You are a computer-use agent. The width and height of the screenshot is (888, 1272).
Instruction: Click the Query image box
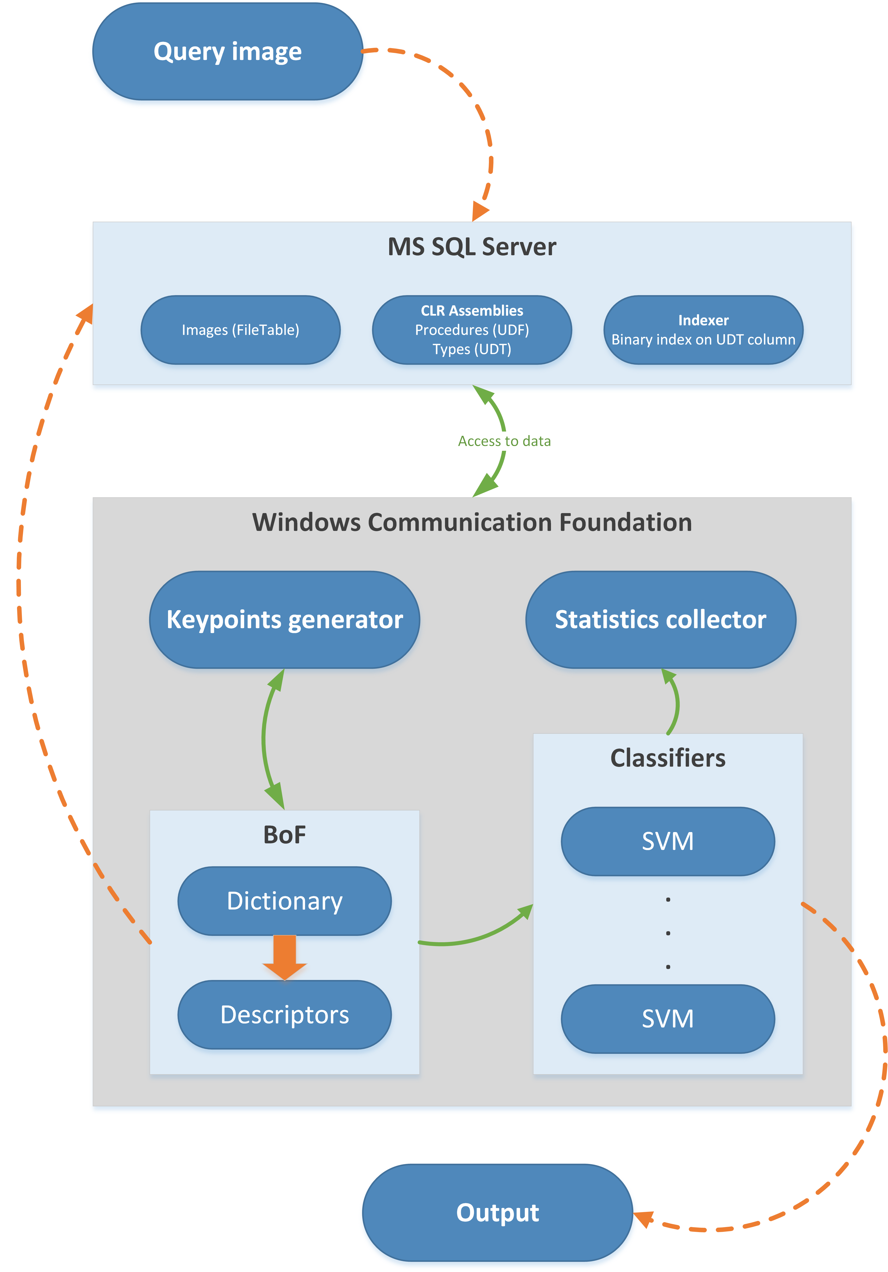coord(228,51)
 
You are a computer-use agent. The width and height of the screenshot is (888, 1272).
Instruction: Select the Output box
coord(497,1212)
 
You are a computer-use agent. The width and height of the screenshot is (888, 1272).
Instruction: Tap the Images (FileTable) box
coord(240,330)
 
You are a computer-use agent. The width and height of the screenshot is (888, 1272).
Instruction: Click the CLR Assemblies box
coord(472,330)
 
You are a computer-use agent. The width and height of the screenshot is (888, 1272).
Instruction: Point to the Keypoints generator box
coord(285,619)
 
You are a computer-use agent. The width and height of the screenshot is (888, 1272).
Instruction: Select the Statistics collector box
coord(660,619)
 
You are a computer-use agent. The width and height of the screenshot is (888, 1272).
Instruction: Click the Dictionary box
coord(285,901)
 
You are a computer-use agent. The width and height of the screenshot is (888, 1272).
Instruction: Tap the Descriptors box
coord(285,1014)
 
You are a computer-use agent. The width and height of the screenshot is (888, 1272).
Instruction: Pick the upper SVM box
coord(668,841)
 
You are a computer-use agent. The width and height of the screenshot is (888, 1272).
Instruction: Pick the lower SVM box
coord(668,1018)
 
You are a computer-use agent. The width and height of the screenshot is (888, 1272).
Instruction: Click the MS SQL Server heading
coord(472,247)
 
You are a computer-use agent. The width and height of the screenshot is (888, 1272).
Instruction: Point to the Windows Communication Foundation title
coord(472,522)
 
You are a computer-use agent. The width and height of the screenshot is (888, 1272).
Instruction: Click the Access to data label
coord(504,441)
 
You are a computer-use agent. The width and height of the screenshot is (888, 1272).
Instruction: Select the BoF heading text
coord(285,834)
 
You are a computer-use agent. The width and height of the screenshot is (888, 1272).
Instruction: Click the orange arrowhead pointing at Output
coord(643,1219)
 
